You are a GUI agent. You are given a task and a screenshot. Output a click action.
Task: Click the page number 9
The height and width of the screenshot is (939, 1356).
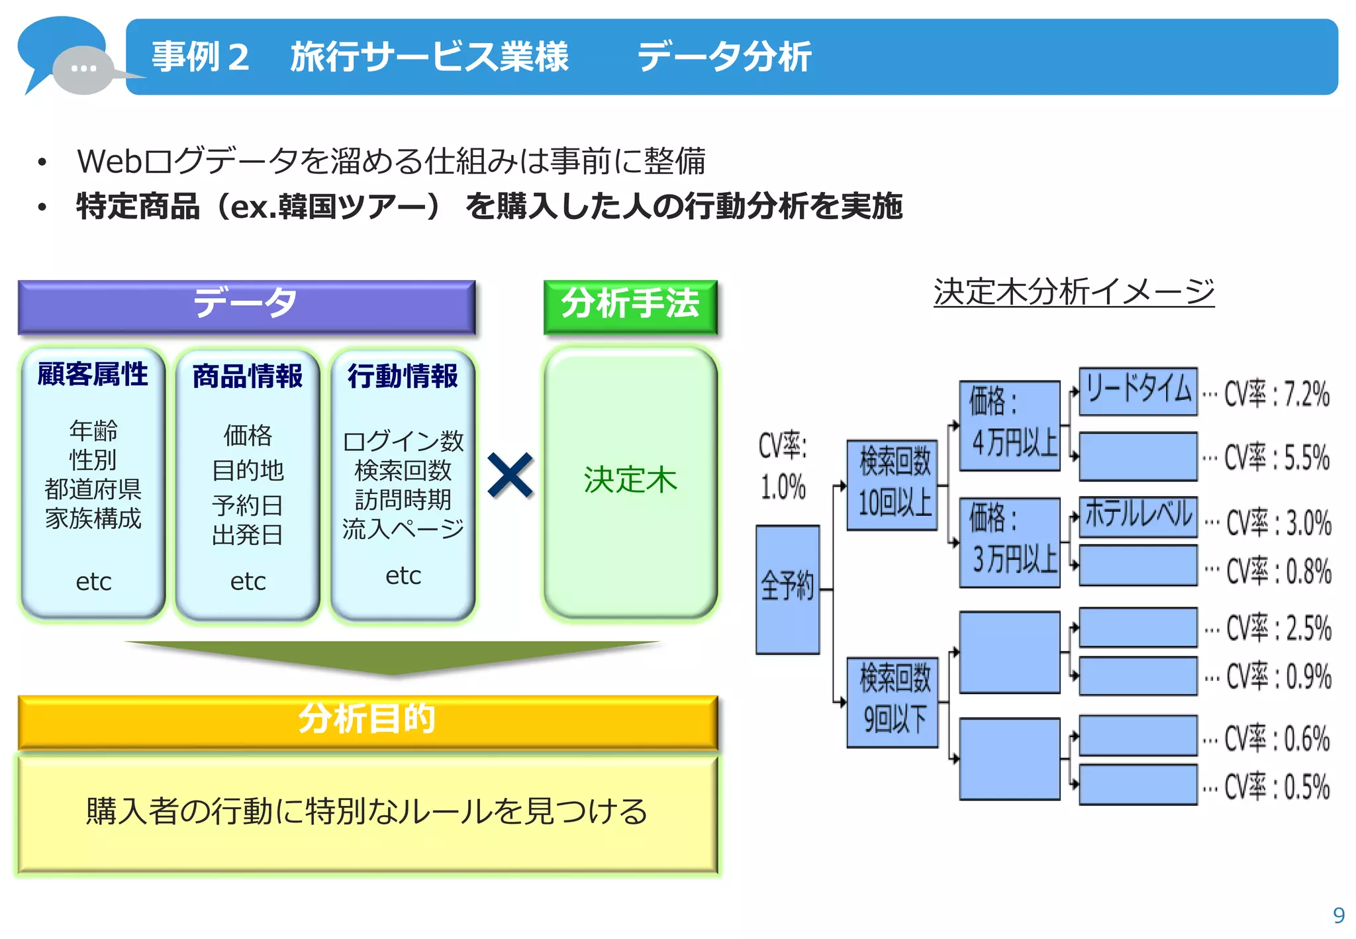[1338, 915]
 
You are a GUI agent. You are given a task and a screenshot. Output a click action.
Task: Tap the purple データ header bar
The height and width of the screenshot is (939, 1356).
[246, 306]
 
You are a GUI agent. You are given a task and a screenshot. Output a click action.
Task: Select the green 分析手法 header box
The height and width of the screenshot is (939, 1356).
[630, 306]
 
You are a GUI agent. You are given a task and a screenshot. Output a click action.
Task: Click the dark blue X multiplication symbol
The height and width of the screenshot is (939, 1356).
[510, 475]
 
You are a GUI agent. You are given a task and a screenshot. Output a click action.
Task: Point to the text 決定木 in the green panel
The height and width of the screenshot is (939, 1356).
[630, 479]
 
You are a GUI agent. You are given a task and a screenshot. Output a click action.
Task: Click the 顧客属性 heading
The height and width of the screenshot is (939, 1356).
[93, 374]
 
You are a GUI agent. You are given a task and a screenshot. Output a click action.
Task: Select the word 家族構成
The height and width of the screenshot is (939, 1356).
[93, 519]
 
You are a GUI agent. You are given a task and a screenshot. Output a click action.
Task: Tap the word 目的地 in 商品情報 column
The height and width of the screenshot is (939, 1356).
[248, 470]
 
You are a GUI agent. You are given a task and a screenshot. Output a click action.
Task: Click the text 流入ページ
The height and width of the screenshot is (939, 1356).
[403, 528]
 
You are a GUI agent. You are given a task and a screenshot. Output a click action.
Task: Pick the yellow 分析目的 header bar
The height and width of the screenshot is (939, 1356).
[367, 720]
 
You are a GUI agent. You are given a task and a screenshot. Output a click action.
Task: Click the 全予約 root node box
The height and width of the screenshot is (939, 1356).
[787, 589]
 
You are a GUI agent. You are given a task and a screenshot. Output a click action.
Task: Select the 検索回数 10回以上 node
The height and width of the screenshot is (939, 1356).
[893, 484]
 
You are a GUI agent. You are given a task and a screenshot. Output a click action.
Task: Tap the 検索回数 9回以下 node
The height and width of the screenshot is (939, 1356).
[893, 702]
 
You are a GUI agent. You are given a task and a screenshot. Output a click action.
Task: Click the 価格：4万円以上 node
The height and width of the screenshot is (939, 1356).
[1010, 425]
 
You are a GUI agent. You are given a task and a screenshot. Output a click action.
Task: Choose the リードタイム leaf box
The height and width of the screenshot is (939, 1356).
[1138, 391]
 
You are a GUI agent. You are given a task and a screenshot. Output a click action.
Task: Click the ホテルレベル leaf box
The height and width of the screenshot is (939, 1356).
[1138, 516]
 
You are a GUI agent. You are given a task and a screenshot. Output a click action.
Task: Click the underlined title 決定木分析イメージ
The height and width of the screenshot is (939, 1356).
[1073, 292]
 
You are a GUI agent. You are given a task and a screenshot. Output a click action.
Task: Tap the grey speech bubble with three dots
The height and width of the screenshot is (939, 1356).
[83, 69]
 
